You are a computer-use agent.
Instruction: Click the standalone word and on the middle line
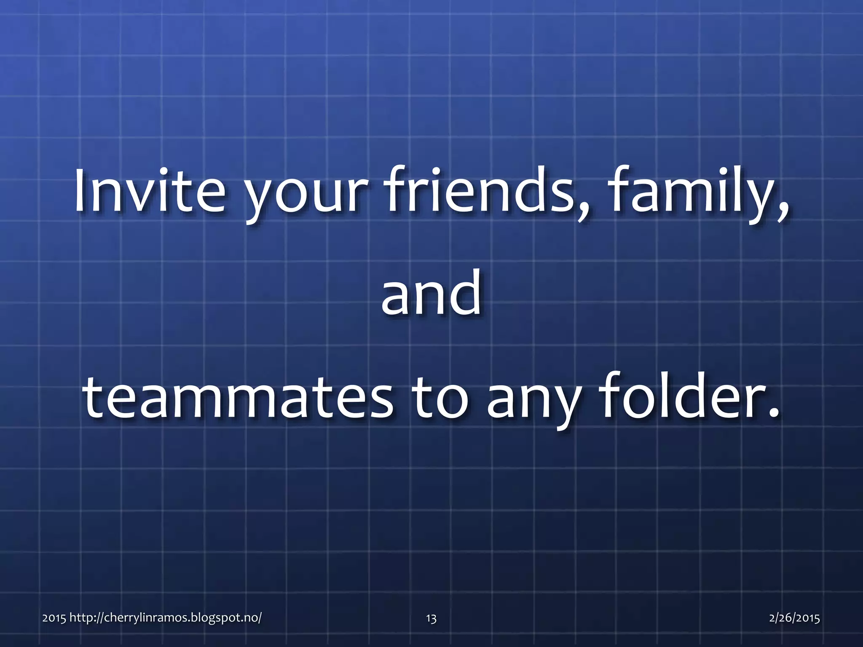(x=431, y=293)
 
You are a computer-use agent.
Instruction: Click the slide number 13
(x=431, y=618)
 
